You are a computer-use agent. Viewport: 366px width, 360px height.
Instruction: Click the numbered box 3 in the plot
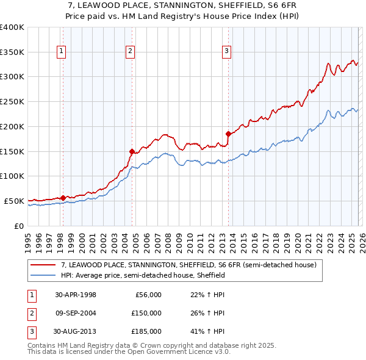(x=226, y=52)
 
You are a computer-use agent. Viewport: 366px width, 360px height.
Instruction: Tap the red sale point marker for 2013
(x=228, y=134)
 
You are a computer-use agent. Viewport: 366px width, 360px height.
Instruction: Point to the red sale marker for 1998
(x=63, y=197)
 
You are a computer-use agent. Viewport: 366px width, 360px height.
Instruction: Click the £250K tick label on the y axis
(x=12, y=101)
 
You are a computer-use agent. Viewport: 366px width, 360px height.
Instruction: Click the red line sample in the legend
(x=43, y=265)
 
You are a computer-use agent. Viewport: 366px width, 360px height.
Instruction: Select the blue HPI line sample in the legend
(x=43, y=276)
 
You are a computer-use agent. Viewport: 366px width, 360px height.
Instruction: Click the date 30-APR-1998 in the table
(x=76, y=295)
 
